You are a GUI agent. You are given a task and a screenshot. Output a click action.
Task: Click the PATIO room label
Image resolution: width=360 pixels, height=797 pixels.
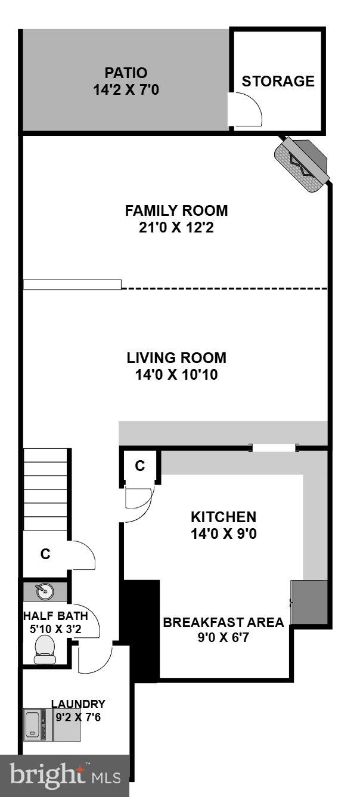126,73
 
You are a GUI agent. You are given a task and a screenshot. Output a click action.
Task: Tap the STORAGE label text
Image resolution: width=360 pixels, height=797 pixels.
278,81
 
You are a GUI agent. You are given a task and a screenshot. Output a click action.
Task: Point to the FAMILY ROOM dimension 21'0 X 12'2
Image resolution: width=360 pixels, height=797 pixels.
176,227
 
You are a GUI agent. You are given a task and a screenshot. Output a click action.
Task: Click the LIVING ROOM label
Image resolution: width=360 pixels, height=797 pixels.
176,358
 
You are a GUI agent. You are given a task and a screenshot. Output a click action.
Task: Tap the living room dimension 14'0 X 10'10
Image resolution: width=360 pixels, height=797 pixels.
176,375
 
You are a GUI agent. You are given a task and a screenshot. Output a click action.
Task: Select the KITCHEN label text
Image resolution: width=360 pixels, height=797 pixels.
223,517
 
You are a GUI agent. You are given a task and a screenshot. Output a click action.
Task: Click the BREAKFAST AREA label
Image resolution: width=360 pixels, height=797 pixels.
224,622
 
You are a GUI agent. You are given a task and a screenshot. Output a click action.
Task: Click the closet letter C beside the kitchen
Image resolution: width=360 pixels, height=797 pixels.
139,466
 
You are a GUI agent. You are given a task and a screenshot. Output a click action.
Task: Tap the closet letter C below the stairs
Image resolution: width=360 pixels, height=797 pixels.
45,554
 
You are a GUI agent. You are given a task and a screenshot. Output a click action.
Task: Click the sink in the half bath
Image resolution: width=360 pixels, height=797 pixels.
44,591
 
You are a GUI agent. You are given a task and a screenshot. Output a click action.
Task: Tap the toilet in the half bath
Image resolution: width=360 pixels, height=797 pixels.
45,649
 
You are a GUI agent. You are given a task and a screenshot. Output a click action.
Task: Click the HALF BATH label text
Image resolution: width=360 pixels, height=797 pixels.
55,616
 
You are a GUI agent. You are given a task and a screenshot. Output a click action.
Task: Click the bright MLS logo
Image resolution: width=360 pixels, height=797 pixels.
64,775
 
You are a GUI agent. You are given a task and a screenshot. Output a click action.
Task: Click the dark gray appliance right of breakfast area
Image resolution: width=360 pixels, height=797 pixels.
309,602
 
